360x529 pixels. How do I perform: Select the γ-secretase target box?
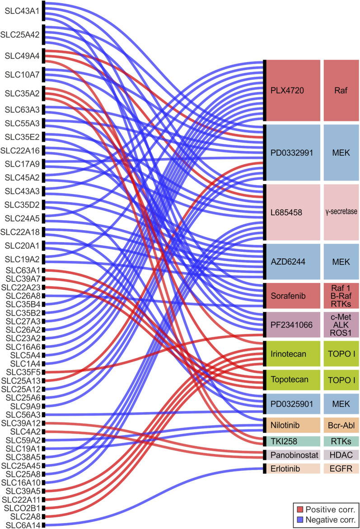[341, 212]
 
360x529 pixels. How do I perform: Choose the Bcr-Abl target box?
[341, 425]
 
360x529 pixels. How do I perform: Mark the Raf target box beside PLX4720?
[341, 90]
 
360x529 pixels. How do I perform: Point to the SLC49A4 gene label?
[22, 56]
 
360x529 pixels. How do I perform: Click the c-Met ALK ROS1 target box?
[341, 324]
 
